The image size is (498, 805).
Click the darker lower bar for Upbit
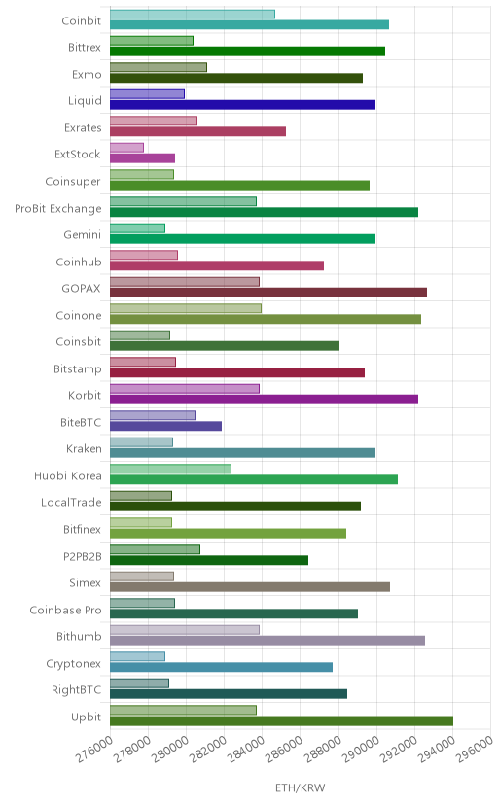[x=281, y=720]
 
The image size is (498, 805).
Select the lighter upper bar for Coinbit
[x=193, y=14]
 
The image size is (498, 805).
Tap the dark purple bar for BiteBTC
[x=165, y=426]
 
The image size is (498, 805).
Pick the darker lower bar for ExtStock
[x=142, y=158]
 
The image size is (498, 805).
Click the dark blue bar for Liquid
[x=242, y=105]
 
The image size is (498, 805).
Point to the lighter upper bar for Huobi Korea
[x=170, y=469]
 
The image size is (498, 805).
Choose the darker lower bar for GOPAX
[x=268, y=292]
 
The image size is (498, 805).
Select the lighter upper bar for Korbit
[x=185, y=389]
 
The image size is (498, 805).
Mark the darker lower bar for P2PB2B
[x=209, y=560]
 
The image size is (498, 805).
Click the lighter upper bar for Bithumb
[x=185, y=629]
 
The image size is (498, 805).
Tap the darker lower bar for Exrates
[x=197, y=131]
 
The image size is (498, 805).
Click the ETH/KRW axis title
[x=301, y=788]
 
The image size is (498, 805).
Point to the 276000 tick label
[x=94, y=750]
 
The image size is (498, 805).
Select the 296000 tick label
[x=475, y=750]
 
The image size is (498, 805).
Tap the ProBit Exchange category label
[x=58, y=208]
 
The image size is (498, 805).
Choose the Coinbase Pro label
[x=66, y=610]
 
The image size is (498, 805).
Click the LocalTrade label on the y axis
[x=71, y=502]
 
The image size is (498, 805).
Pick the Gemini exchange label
[x=82, y=235]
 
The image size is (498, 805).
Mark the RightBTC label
[x=77, y=690]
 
